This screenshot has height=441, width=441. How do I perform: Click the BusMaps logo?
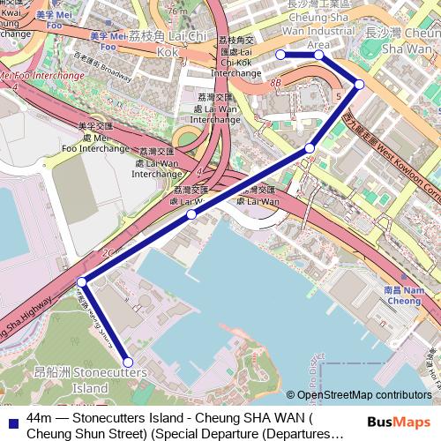400,422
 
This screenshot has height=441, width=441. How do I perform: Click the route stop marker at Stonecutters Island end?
128,362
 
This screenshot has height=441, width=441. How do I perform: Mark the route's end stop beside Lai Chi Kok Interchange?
280,55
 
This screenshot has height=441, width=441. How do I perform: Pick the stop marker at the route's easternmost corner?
360,84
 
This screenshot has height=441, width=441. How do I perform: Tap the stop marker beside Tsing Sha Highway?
82,281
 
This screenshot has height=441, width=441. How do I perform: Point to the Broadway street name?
117,65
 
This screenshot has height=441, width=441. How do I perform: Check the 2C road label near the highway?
108,253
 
